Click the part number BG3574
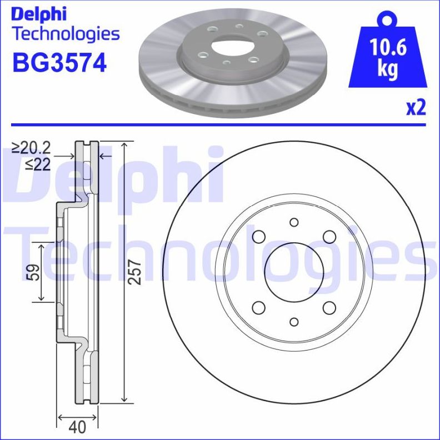coord(59,63)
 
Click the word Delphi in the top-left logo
coord(39,13)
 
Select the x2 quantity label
coord(416,108)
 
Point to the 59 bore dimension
coord(35,272)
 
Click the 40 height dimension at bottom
coord(78,428)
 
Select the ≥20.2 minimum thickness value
coord(32,148)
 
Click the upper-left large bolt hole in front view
coord(258,237)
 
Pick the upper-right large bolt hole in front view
coord(329,237)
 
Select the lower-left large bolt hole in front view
coord(258,307)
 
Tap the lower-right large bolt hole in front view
coord(329,307)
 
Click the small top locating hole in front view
coord(293,222)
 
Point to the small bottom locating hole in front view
coord(293,322)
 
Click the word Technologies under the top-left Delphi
coord(66,34)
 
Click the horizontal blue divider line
coord(220,125)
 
